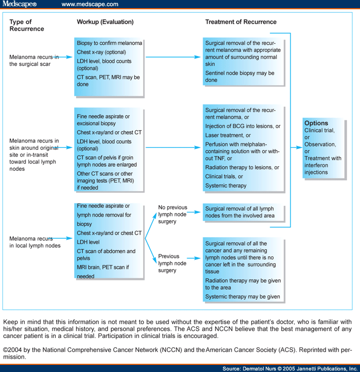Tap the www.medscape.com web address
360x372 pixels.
pyautogui.click(x=89, y=5)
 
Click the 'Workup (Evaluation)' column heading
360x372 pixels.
pyautogui.click(x=105, y=22)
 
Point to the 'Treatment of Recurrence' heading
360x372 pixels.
pyautogui.click(x=241, y=22)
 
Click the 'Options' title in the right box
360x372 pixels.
pyautogui.click(x=316, y=123)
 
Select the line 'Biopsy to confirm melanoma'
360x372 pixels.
pyautogui.click(x=109, y=43)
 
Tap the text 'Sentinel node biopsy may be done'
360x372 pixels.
pyautogui.click(x=240, y=77)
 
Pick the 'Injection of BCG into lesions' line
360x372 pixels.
pyautogui.click(x=242, y=127)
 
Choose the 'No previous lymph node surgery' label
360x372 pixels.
pyautogui.click(x=172, y=215)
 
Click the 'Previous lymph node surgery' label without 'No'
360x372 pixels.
pyautogui.click(x=172, y=263)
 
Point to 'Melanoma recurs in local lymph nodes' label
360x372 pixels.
pyautogui.click(x=35, y=242)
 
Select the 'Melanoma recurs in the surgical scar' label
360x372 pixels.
pyautogui.click(x=34, y=60)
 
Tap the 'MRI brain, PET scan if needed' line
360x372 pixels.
pyautogui.click(x=102, y=272)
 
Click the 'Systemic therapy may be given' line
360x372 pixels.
pyautogui.click(x=242, y=297)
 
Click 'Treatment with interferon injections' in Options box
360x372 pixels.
pyautogui.click(x=322, y=165)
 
